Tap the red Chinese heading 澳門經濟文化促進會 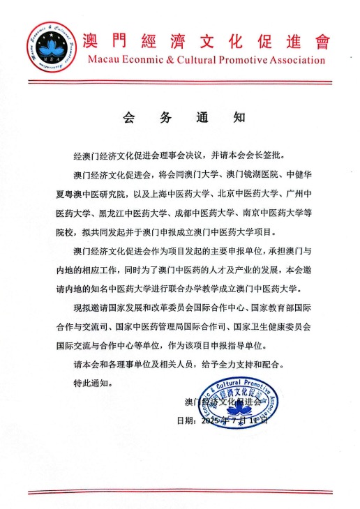pyautogui.click(x=207, y=40)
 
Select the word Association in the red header pyautogui.click(x=296, y=60)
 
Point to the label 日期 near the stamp pyautogui.click(x=184, y=420)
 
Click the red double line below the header pyautogui.click(x=180, y=82)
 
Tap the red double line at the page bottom pyautogui.click(x=180, y=492)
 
